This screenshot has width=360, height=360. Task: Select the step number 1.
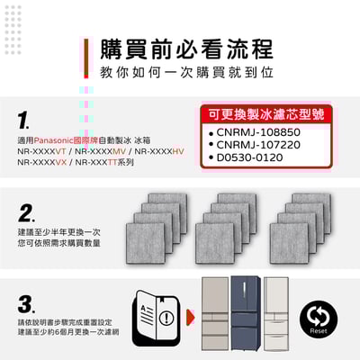click(x=24, y=120)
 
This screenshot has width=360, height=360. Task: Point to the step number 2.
click(x=25, y=211)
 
